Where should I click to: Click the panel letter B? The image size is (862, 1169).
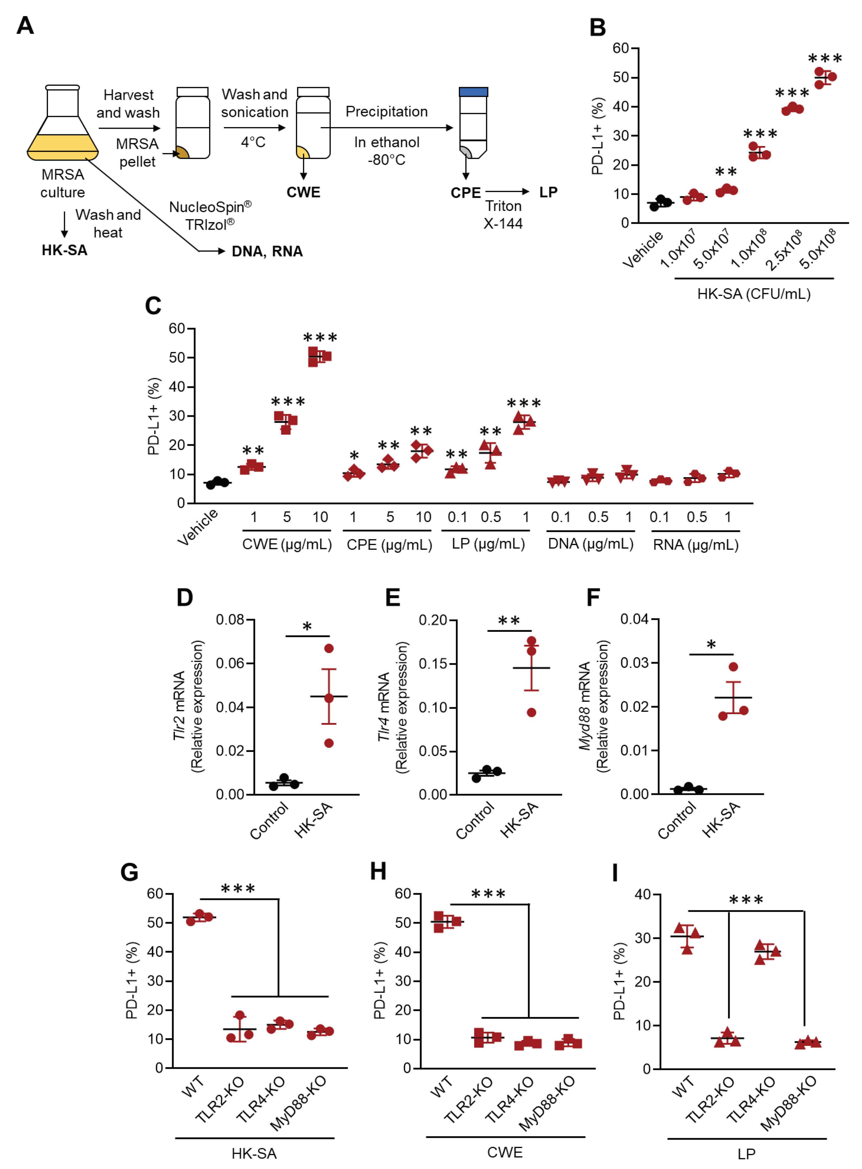(x=597, y=27)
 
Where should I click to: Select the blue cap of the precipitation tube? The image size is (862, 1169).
(x=473, y=92)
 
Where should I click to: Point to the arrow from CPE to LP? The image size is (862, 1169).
(x=507, y=192)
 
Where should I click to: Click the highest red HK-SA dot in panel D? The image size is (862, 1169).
(x=329, y=648)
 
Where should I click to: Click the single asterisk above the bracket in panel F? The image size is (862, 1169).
(x=711, y=645)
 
